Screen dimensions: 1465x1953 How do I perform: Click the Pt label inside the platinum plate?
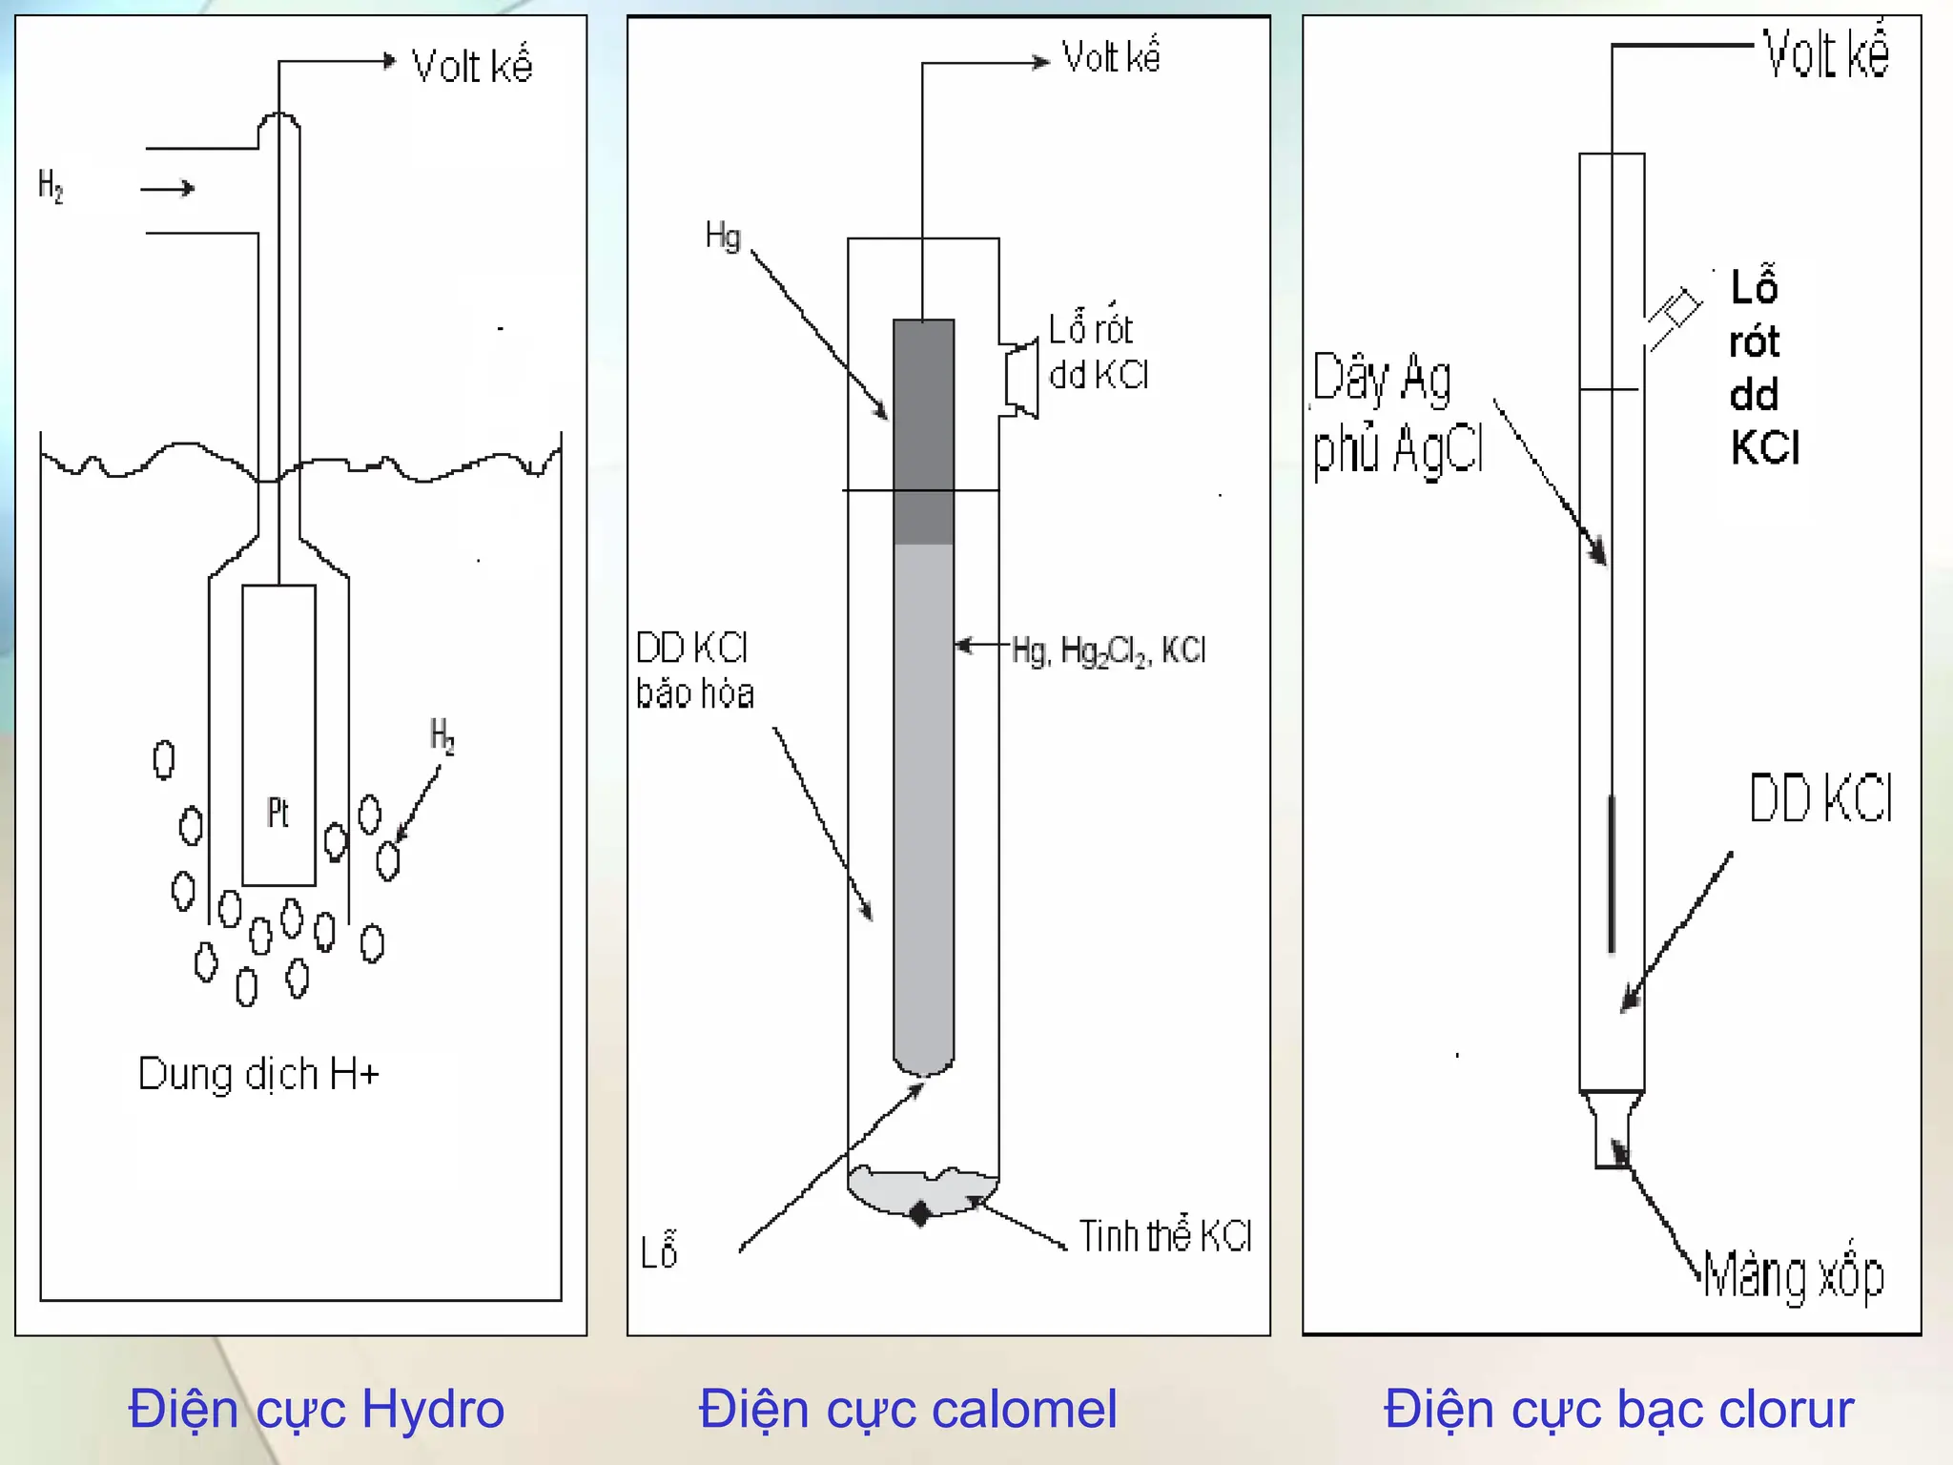pyautogui.click(x=278, y=813)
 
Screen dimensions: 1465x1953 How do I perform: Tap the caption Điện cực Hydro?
pyautogui.click(x=316, y=1409)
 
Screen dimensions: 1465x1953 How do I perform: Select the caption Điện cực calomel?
pyautogui.click(x=907, y=1409)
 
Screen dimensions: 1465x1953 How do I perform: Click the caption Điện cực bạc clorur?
pyautogui.click(x=1618, y=1409)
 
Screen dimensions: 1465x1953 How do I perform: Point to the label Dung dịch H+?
pyautogui.click(x=258, y=1075)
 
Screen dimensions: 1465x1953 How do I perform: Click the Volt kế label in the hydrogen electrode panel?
pyautogui.click(x=471, y=66)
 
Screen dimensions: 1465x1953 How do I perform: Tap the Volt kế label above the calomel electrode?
pyautogui.click(x=1111, y=57)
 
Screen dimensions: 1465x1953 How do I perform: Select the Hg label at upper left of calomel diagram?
pyautogui.click(x=723, y=236)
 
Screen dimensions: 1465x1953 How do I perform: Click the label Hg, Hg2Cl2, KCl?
pyautogui.click(x=1108, y=651)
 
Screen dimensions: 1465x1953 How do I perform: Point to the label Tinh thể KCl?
pyautogui.click(x=1164, y=1236)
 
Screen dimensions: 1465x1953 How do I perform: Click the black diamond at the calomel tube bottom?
pyautogui.click(x=920, y=1214)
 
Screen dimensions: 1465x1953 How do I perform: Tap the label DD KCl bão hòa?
pyautogui.click(x=693, y=671)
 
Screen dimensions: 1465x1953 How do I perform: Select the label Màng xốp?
pyautogui.click(x=1793, y=1276)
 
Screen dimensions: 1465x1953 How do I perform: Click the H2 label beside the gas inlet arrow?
pyautogui.click(x=51, y=186)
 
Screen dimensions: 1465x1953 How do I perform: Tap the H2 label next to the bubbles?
pyautogui.click(x=442, y=736)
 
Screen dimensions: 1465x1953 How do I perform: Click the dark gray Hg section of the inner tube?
pyautogui.click(x=923, y=429)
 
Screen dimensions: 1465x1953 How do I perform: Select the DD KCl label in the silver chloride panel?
pyautogui.click(x=1819, y=799)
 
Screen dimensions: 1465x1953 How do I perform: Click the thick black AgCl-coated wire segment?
pyautogui.click(x=1612, y=873)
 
